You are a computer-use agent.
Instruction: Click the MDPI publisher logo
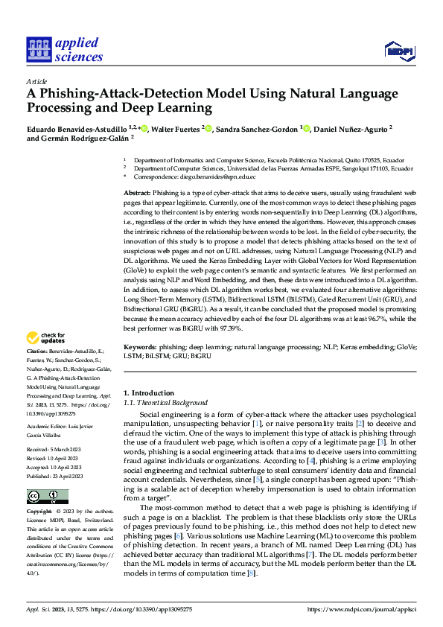[399, 50]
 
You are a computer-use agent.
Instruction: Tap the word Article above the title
[36, 81]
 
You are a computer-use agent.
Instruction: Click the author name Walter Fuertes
[176, 129]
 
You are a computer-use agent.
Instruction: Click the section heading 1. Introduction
[147, 392]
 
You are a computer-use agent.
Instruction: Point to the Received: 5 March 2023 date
[55, 451]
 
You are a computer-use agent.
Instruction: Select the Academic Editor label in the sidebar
[47, 427]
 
